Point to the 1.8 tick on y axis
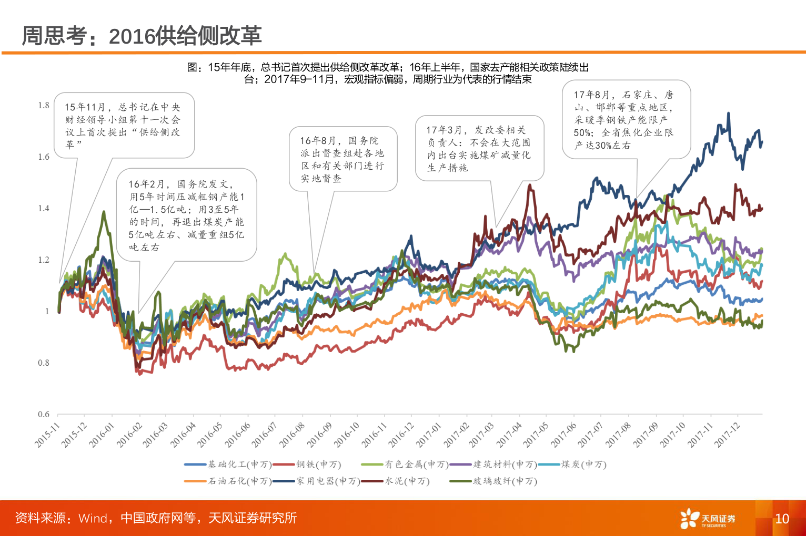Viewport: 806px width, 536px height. (x=44, y=106)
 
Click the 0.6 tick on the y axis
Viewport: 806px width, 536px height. (x=44, y=415)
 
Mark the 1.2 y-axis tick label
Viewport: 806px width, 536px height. (x=44, y=260)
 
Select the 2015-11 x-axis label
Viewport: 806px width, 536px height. (x=48, y=435)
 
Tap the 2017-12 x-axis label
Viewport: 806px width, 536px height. (x=728, y=435)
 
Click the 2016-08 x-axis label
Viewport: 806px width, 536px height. (x=293, y=435)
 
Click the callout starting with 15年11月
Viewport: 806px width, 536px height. (x=124, y=126)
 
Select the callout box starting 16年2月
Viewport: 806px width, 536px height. (x=186, y=215)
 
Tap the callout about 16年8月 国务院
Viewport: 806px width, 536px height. (x=343, y=159)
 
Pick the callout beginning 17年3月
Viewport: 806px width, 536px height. (x=479, y=149)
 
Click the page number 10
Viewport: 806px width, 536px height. (x=782, y=519)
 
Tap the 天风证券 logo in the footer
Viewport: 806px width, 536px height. (x=708, y=519)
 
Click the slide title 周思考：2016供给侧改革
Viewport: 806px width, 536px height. (x=142, y=36)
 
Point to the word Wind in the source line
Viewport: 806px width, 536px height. (x=93, y=518)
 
